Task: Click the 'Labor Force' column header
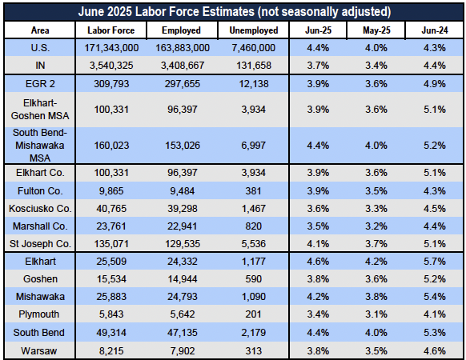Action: click(x=110, y=30)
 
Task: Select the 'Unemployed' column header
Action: click(x=254, y=30)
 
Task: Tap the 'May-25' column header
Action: click(x=376, y=30)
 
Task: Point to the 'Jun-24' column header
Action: click(x=435, y=30)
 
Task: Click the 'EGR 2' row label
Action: click(x=40, y=84)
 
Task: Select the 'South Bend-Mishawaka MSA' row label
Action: click(x=40, y=146)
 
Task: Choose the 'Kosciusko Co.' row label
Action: click(x=40, y=209)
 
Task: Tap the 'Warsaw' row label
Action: click(x=39, y=350)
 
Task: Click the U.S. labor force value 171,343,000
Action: click(x=111, y=48)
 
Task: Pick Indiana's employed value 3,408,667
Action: click(x=183, y=66)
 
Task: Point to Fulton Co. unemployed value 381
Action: click(x=254, y=190)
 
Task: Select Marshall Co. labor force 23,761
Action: click(x=111, y=226)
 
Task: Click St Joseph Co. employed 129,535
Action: click(x=183, y=244)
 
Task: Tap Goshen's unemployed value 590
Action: click(x=254, y=279)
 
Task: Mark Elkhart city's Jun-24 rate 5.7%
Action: click(x=435, y=262)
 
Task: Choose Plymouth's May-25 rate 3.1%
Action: click(x=376, y=314)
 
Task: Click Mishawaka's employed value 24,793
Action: click(x=183, y=297)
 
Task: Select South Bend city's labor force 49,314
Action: click(x=111, y=332)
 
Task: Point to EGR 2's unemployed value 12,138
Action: click(x=254, y=84)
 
